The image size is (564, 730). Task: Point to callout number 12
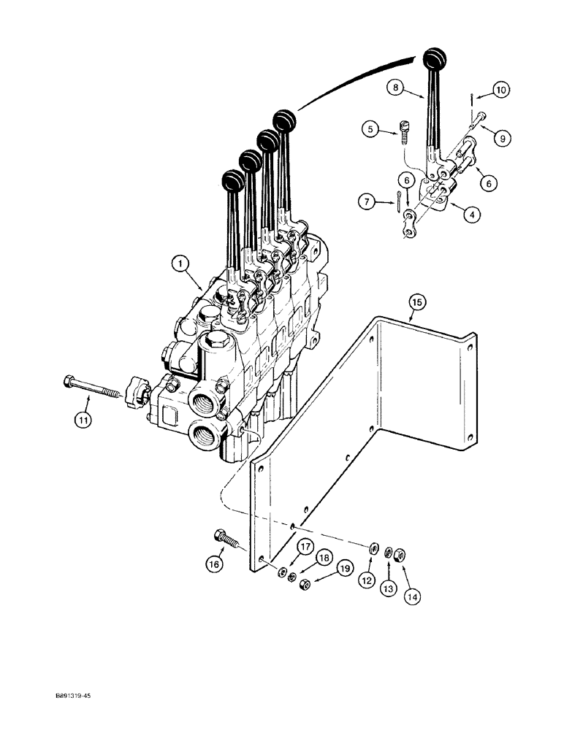[366, 583]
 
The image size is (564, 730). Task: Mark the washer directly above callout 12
[374, 549]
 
